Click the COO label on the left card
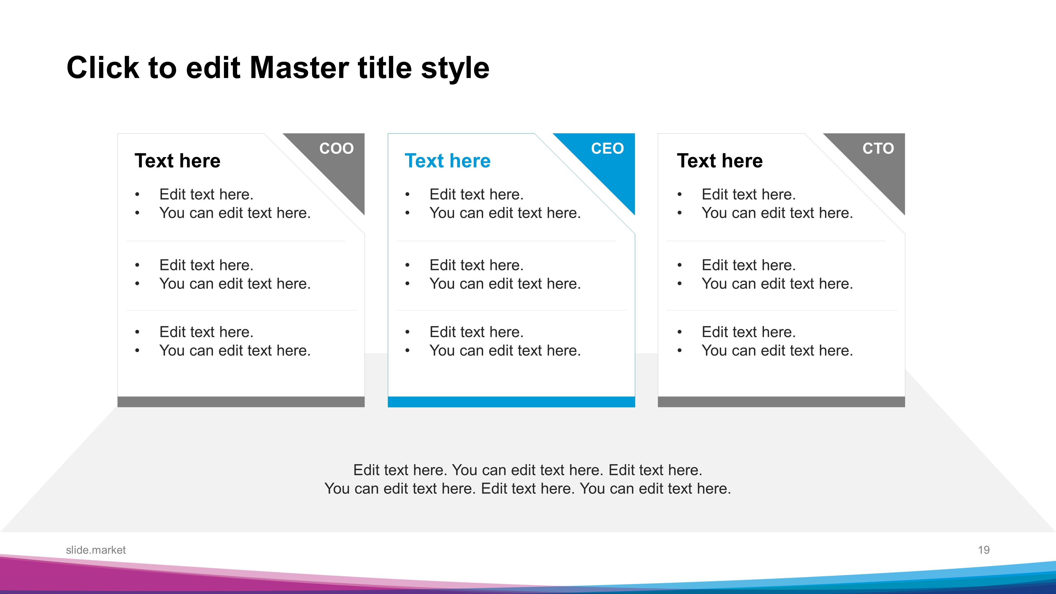[336, 148]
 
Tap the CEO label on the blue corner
[607, 148]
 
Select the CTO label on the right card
[878, 148]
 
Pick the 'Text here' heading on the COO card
[177, 161]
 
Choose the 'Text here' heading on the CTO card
[720, 161]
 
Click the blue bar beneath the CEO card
[511, 402]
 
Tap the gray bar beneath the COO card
[241, 402]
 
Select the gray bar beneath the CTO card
[781, 402]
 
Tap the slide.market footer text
[96, 550]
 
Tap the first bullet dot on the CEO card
[407, 194]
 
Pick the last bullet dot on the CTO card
[680, 351]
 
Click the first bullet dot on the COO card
[137, 194]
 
